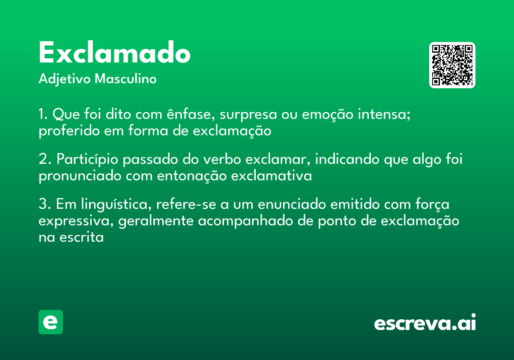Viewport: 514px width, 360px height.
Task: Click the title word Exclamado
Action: click(114, 54)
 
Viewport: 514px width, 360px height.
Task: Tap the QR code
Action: click(452, 65)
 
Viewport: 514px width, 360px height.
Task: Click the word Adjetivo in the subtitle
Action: click(65, 79)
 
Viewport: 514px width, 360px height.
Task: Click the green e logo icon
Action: click(51, 322)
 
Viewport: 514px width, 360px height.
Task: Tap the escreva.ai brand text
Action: click(425, 323)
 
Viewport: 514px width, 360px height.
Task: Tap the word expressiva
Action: click(75, 221)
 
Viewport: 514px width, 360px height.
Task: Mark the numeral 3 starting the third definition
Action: click(42, 205)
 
